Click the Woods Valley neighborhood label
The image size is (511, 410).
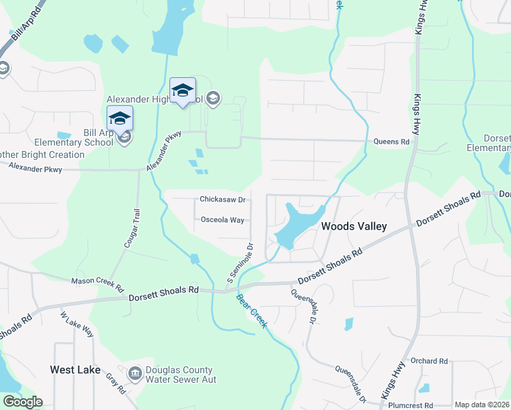[x=354, y=226]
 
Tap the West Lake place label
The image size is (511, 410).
[x=75, y=370]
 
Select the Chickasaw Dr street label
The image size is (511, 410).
[x=222, y=200]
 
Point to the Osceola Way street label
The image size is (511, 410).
[x=223, y=220]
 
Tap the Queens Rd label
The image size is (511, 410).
[x=391, y=142]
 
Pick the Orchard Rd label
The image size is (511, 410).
[x=428, y=361]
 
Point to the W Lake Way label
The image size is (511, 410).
[x=77, y=325]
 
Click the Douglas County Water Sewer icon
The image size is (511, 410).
[x=135, y=373]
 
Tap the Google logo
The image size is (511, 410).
[x=23, y=402]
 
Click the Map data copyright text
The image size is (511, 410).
[x=482, y=405]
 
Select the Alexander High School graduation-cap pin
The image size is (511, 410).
[x=182, y=92]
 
